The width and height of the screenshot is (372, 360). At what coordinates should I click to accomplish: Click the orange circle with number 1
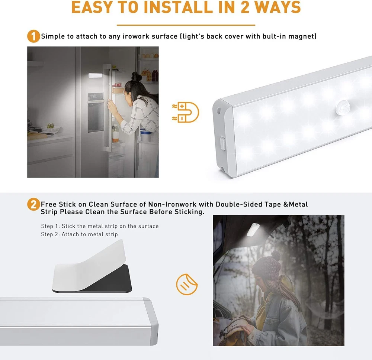33,36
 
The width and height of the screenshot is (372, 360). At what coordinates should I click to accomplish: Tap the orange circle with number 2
33,204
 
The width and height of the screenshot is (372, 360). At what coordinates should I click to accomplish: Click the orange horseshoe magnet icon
186,112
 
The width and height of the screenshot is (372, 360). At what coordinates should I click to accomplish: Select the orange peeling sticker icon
187,285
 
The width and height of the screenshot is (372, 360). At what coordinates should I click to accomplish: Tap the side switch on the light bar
222,144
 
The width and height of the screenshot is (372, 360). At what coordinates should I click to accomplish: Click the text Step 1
51,226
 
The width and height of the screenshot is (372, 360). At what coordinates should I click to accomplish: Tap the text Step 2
51,234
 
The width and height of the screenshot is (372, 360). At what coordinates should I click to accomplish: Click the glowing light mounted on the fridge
95,75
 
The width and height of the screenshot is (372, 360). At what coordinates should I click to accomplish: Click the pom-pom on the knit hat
276,255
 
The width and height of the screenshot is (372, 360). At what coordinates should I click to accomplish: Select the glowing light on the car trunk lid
253,230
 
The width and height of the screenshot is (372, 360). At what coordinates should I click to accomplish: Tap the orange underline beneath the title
186,25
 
